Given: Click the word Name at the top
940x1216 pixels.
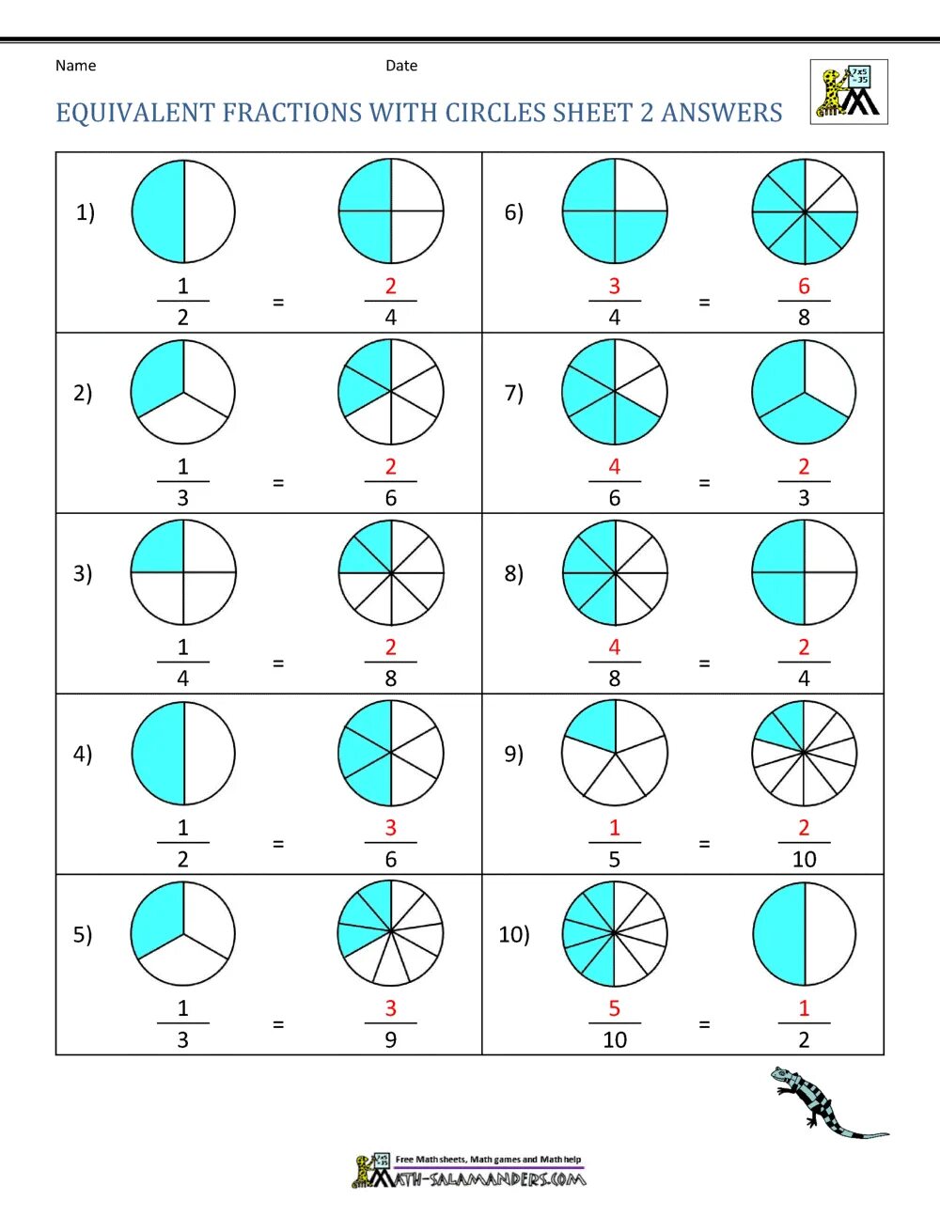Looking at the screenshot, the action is [75, 66].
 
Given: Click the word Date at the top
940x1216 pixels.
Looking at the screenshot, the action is [401, 66].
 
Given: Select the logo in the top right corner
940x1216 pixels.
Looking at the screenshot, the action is [849, 92].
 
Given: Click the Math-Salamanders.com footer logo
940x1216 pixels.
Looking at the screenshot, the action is [469, 1171].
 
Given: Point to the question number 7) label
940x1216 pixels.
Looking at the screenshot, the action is [513, 393].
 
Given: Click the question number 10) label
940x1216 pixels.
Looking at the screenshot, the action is [514, 934].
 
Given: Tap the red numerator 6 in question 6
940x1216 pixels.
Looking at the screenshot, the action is [804, 287].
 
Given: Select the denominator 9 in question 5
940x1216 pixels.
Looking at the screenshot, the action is [391, 1039].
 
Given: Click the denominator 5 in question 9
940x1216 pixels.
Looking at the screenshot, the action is [615, 859].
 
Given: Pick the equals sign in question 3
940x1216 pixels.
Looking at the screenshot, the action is [278, 663].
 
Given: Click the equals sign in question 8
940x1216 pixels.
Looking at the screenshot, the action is [704, 663].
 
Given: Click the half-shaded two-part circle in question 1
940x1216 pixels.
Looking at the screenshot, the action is [183, 211].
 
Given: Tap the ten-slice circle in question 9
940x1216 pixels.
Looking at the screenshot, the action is [804, 753].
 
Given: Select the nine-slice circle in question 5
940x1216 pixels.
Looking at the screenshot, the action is [390, 933].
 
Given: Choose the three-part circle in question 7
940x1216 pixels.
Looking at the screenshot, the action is [804, 392].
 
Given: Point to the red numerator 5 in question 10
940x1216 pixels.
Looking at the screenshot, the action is [615, 1008].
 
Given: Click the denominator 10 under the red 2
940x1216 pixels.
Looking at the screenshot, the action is [804, 859].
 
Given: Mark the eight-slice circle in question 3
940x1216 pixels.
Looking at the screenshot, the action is [390, 572].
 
